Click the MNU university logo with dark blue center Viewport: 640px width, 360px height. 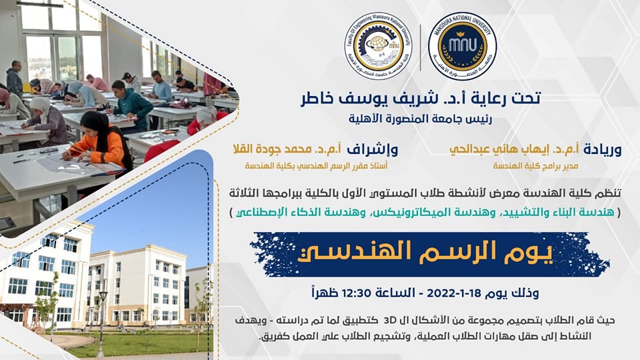coord(462,46)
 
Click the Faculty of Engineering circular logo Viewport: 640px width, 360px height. coord(378,46)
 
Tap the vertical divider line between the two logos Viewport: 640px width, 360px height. coord(421,47)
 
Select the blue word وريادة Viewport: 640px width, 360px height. coord(603,150)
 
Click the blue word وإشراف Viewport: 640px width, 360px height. coord(372,150)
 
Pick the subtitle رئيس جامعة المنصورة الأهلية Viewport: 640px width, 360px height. coord(420,119)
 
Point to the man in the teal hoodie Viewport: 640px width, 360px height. coord(131,105)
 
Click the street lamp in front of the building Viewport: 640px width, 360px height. coord(101,323)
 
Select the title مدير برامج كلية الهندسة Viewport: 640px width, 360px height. coord(536,166)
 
